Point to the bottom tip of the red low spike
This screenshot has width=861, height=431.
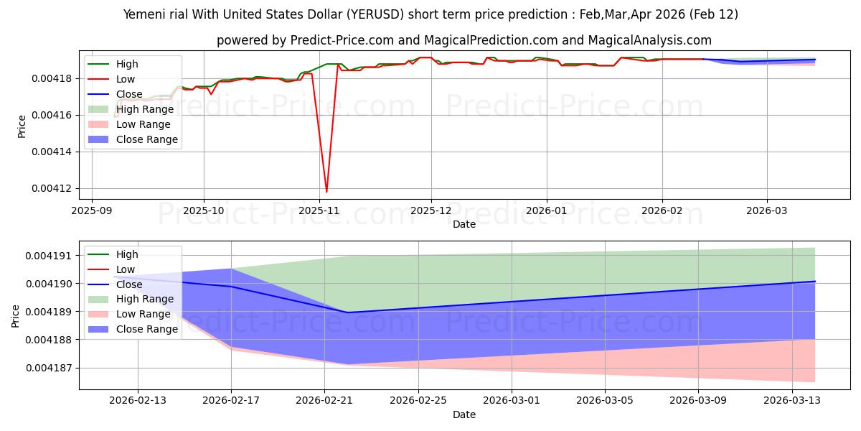pyautogui.click(x=326, y=192)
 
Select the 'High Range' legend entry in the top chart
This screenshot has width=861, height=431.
pyautogui.click(x=144, y=109)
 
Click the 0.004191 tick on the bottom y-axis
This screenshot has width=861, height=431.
pyautogui.click(x=51, y=256)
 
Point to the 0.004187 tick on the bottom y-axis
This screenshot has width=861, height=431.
pyautogui.click(x=51, y=368)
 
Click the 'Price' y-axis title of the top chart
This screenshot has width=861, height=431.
pyautogui.click(x=22, y=126)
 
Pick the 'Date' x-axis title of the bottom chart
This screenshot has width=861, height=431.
pyautogui.click(x=464, y=414)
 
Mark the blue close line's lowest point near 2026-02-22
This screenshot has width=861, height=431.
pyautogui.click(x=348, y=312)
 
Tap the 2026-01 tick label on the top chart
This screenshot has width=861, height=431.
pyautogui.click(x=547, y=212)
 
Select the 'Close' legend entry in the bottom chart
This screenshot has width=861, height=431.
pyautogui.click(x=130, y=284)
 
